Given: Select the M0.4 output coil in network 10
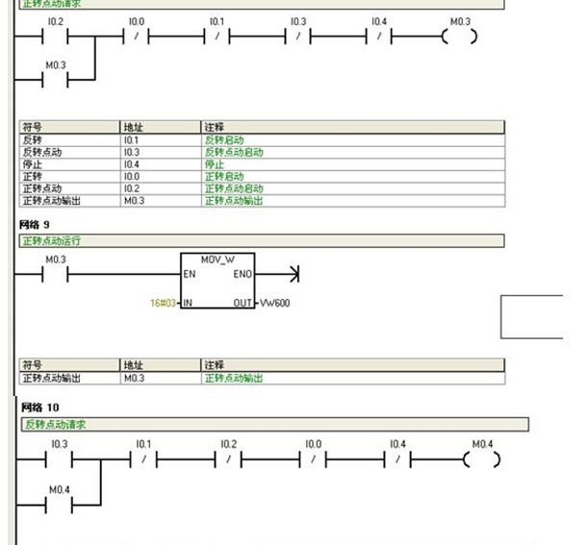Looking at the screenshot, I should click(x=482, y=459).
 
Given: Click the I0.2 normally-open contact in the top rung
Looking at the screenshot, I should click(x=55, y=37).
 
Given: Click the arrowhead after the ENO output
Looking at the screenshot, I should click(x=293, y=275).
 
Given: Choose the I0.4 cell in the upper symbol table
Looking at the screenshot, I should click(x=132, y=164).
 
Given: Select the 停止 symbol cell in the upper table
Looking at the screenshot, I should click(x=32, y=164).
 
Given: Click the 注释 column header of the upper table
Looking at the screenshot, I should click(x=214, y=127).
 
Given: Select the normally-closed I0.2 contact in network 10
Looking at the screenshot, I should click(x=227, y=459).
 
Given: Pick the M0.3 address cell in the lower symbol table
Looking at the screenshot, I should click(x=135, y=379).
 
